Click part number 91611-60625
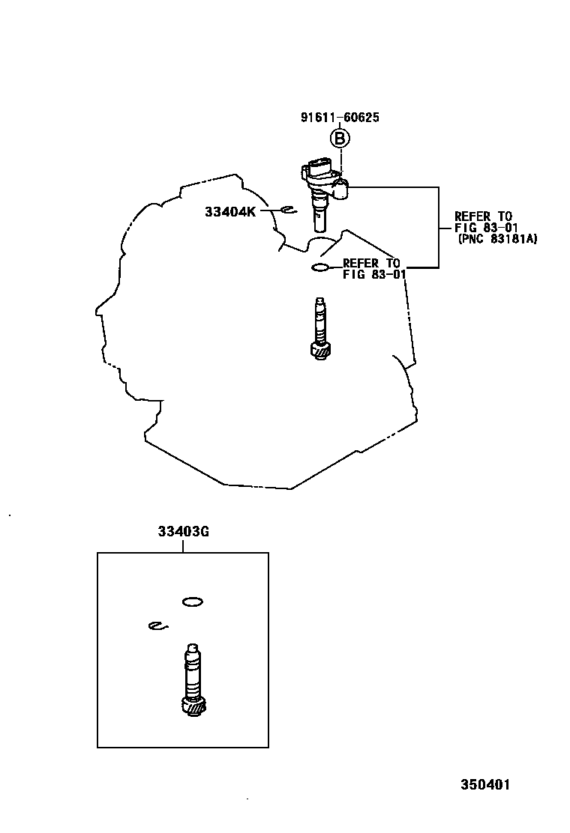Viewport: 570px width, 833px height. pos(340,118)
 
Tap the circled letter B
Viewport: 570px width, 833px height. pos(340,139)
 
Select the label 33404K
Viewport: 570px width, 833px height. pos(230,212)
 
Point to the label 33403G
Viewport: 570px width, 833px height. pos(183,532)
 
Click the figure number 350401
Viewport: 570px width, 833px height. pos(485,785)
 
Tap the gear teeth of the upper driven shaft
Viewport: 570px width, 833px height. pos(321,350)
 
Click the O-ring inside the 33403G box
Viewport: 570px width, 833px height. pos(193,601)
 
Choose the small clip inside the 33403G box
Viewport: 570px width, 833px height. pos(157,626)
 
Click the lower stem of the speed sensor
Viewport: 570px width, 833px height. pos(320,219)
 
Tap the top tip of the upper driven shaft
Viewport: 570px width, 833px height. pos(320,301)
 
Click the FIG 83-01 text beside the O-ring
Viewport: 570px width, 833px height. pos(374,274)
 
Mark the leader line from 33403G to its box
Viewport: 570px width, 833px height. pos(183,546)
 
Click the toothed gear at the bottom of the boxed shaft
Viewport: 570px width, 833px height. pos(193,706)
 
